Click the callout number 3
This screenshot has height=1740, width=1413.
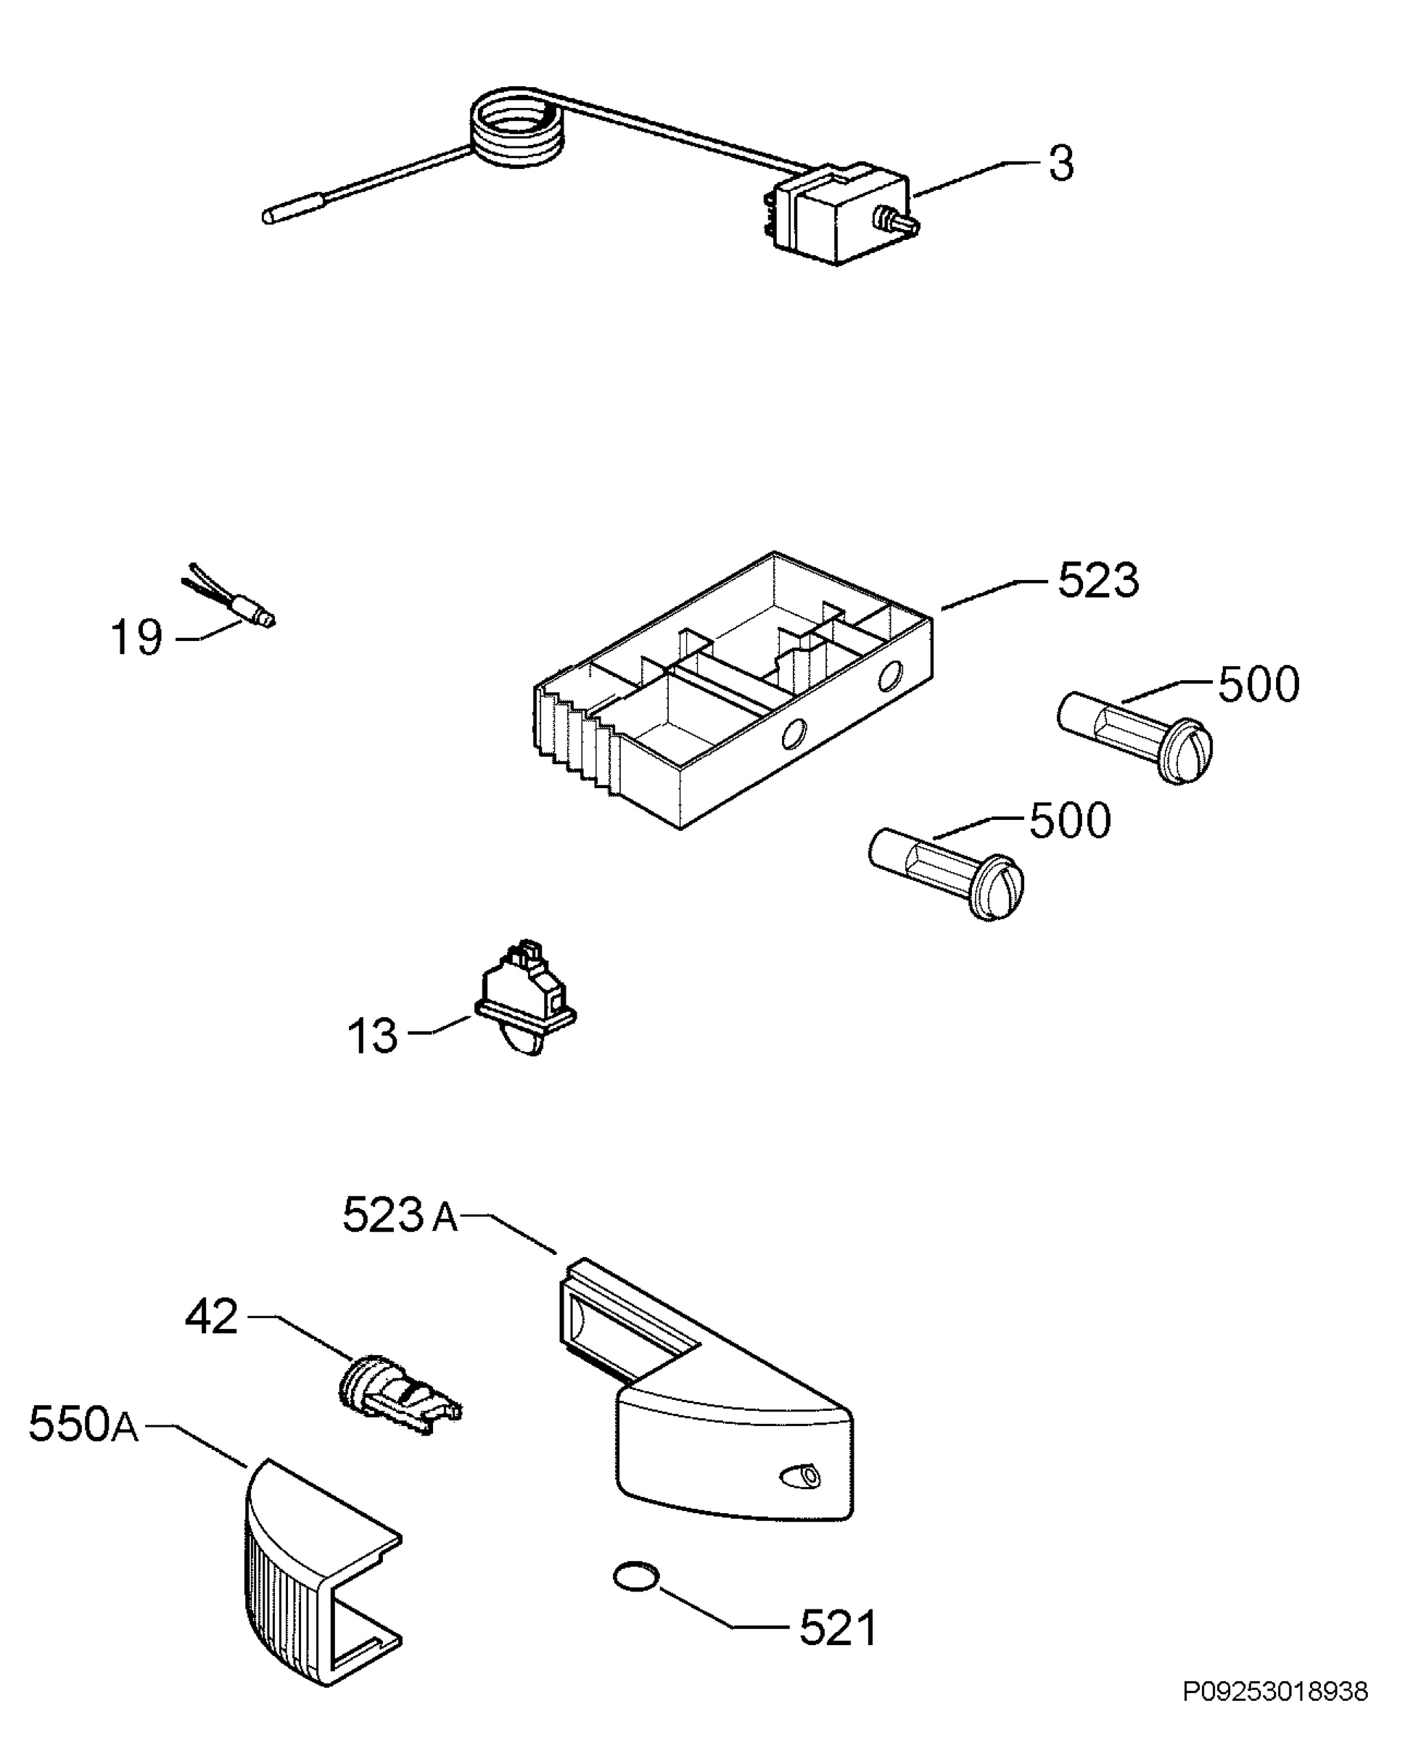[1060, 164]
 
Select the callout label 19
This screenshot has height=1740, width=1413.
[136, 637]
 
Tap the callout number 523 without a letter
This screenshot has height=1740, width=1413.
[1097, 581]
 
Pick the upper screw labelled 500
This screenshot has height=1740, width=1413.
[1134, 735]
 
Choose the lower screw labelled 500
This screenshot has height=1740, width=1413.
[947, 871]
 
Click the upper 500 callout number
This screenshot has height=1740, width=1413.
[1258, 685]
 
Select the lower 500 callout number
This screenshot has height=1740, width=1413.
[1069, 821]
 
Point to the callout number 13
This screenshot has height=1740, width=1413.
[372, 1036]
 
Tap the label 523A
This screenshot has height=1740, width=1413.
[400, 1215]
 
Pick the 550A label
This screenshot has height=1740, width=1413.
[83, 1424]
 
